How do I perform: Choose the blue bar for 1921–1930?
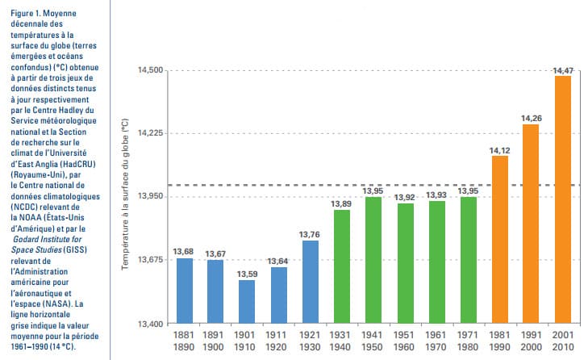click(309, 282)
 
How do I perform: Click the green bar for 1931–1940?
click(341, 266)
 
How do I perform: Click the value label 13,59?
click(245, 274)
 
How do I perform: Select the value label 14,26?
click(531, 119)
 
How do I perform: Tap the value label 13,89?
click(341, 204)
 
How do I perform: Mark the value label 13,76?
click(309, 235)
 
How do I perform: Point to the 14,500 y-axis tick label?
click(150, 71)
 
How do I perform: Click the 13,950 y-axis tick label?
click(150, 197)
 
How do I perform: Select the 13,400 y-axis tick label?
click(150, 323)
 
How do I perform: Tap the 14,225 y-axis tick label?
click(150, 134)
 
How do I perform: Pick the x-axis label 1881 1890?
click(184, 340)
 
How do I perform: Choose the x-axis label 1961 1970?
click(436, 340)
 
